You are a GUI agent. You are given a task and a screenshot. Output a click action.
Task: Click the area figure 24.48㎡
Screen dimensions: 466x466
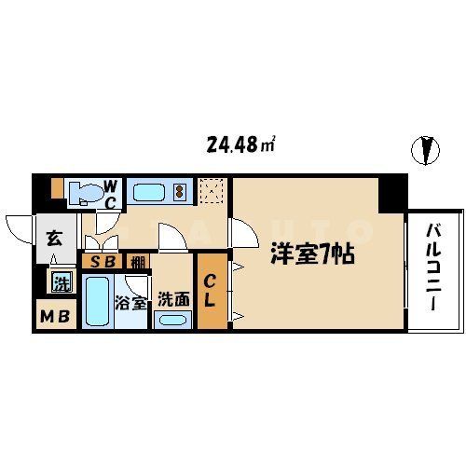(240, 144)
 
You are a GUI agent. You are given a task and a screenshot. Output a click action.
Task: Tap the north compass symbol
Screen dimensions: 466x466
(426, 149)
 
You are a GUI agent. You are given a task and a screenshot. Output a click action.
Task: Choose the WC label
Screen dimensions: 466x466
(109, 192)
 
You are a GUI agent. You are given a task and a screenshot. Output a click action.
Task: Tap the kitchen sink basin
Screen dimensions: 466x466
(148, 193)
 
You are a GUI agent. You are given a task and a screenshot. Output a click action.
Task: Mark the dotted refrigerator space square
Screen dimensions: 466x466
(212, 193)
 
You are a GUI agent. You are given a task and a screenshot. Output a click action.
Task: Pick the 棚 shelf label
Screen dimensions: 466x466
(137, 262)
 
